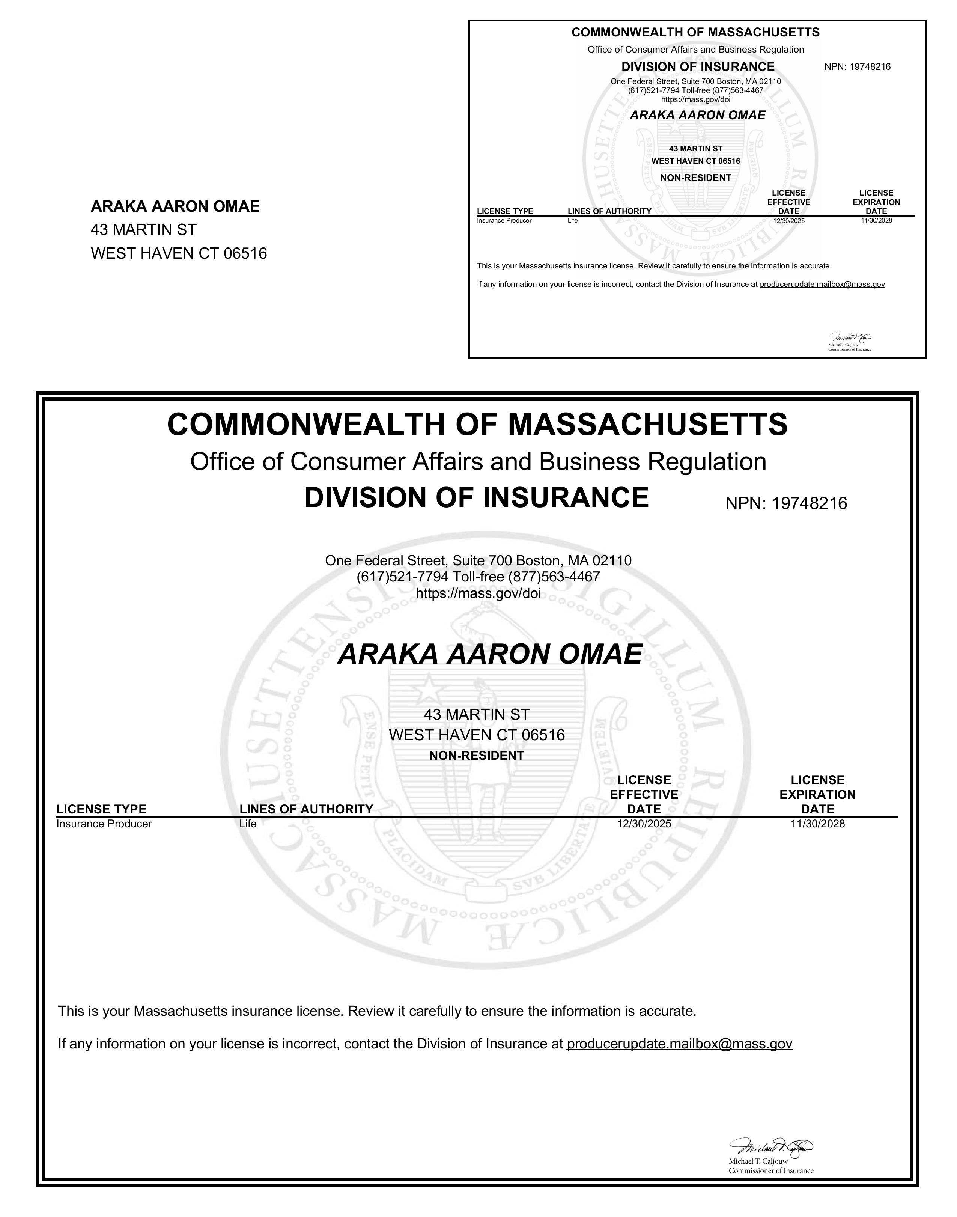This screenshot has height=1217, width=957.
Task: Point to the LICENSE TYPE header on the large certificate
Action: [x=101, y=809]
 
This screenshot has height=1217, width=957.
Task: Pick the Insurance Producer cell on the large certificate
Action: [x=104, y=824]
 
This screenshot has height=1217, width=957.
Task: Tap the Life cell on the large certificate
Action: [x=248, y=824]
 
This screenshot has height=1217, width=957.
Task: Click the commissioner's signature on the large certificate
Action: [x=770, y=1146]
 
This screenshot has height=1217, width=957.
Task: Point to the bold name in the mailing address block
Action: [x=175, y=207]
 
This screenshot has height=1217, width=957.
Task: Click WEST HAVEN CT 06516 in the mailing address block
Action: [x=179, y=254]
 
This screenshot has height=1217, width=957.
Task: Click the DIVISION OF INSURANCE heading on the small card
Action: [x=698, y=67]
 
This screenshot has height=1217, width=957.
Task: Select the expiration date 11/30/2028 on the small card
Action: [x=876, y=221]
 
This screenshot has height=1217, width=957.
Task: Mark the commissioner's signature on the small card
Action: [x=850, y=338]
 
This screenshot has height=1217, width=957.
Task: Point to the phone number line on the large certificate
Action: [x=478, y=577]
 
